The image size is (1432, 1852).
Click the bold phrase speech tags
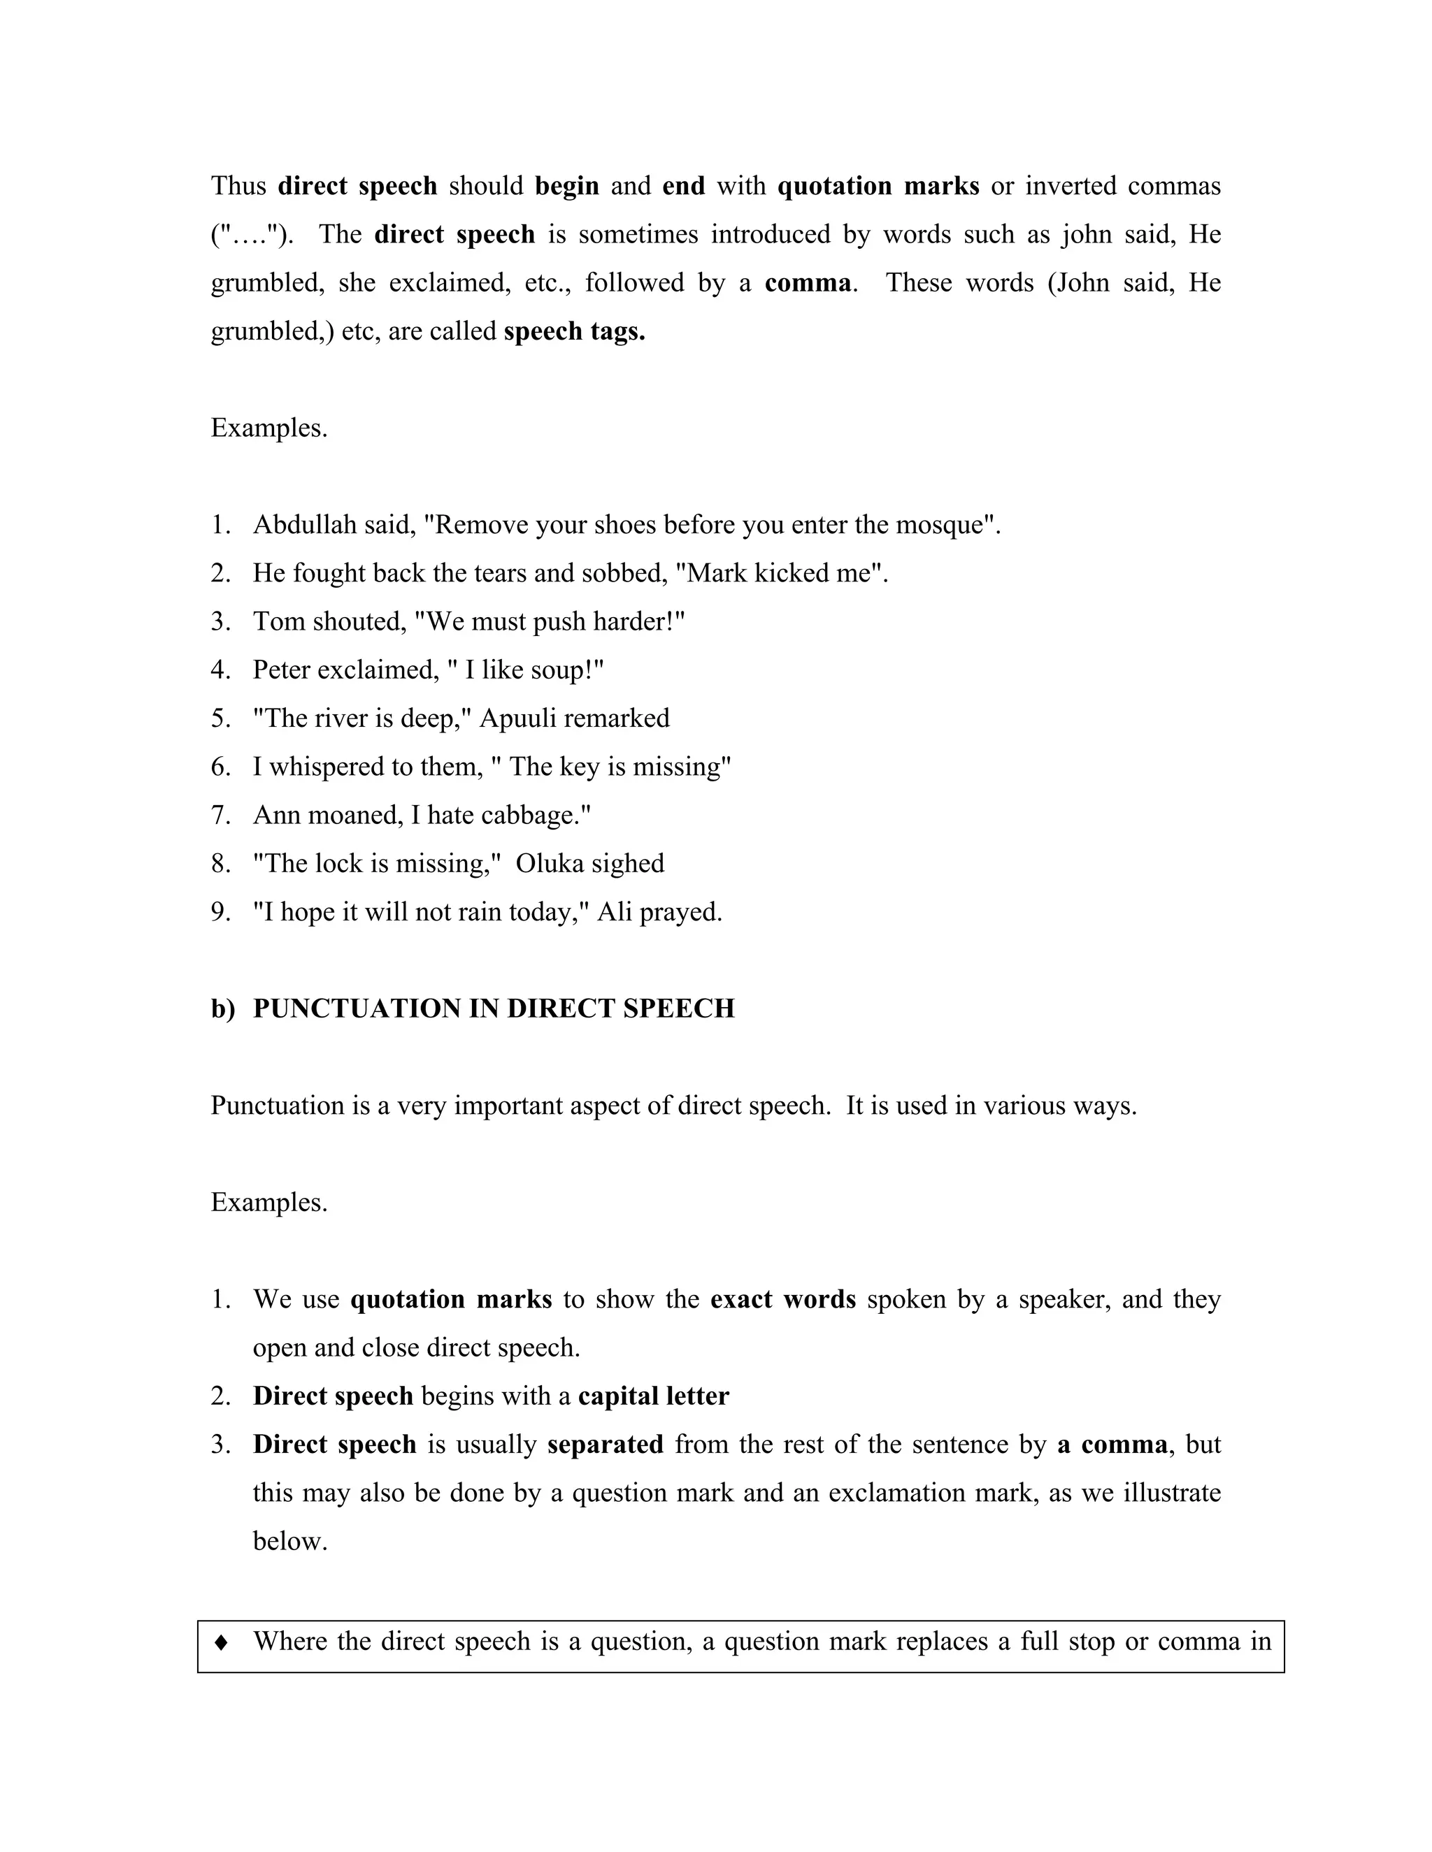[574, 331]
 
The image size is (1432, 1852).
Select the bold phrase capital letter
[653, 1396]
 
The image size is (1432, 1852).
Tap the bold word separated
[605, 1445]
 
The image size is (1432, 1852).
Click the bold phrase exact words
[782, 1300]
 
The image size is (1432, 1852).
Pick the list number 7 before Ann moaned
[220, 815]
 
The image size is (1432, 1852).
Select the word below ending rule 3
[289, 1542]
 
